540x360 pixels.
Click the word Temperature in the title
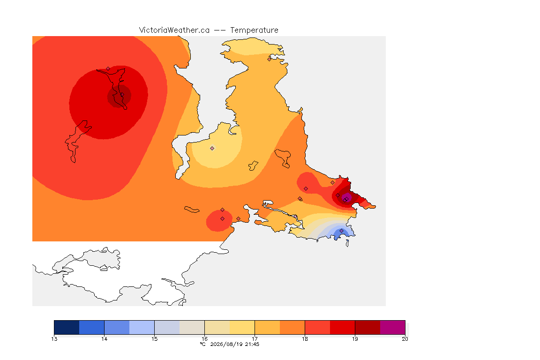tap(254, 30)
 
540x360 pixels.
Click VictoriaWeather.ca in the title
tap(174, 30)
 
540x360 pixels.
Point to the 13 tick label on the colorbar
tap(54, 339)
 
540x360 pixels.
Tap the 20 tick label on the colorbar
tap(405, 339)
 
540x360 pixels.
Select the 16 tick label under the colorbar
tap(204, 339)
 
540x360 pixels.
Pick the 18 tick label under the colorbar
tap(305, 339)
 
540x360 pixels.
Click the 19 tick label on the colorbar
tap(355, 339)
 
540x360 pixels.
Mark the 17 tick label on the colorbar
tap(255, 339)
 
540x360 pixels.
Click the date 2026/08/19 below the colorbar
tap(226, 344)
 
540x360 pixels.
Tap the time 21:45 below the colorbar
tap(252, 344)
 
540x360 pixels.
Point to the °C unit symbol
tap(203, 344)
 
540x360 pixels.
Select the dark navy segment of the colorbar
tap(67, 327)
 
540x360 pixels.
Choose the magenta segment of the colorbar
tap(393, 327)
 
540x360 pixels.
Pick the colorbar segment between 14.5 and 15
tap(142, 327)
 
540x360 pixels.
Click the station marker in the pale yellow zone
tap(212, 149)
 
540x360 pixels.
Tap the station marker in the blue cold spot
tap(341, 231)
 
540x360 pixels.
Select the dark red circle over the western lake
tap(119, 97)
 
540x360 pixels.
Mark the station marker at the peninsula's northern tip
tap(270, 59)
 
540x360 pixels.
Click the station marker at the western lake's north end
tap(108, 69)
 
